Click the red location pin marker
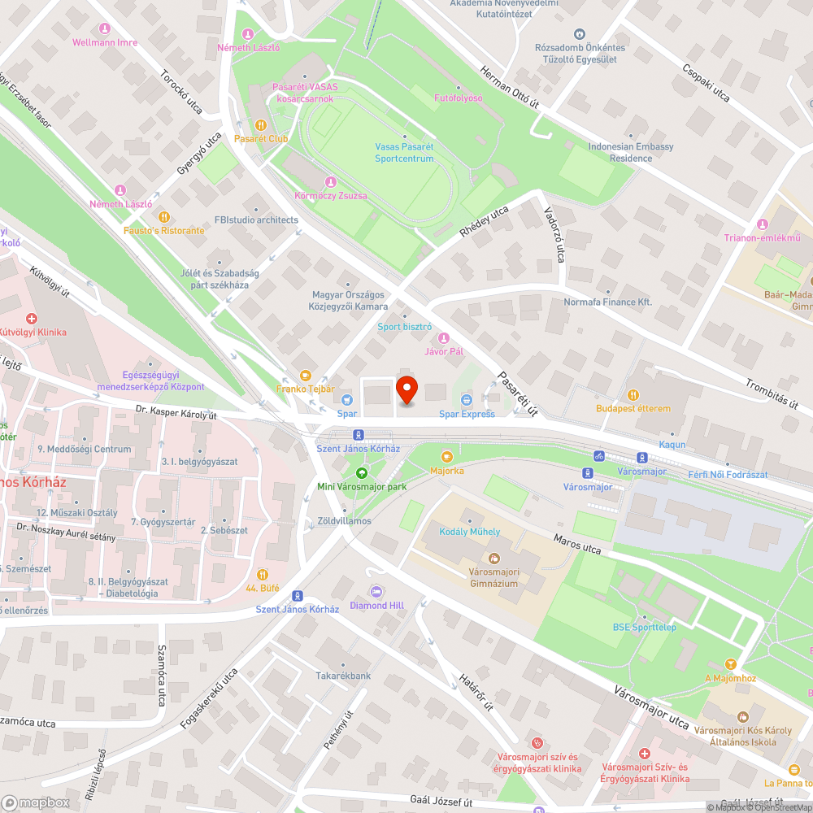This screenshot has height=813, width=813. [406, 390]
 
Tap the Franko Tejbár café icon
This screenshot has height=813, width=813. [306, 375]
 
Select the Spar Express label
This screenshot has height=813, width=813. [467, 414]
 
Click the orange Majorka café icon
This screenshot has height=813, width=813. [446, 456]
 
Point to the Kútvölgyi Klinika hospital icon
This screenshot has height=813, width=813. [31, 319]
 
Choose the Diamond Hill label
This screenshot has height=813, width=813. [376, 605]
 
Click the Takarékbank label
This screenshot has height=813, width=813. [343, 676]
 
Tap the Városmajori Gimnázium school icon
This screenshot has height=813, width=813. [493, 559]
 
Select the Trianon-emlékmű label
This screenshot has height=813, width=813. [763, 237]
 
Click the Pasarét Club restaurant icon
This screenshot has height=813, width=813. [261, 125]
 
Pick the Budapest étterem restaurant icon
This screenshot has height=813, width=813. [633, 394]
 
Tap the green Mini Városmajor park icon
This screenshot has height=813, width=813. [362, 472]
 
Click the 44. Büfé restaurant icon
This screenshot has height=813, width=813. [262, 574]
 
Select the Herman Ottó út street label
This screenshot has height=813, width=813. [510, 87]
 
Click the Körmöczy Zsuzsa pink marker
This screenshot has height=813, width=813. [330, 182]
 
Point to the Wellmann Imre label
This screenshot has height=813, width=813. [105, 41]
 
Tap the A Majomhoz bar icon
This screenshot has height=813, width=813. [731, 664]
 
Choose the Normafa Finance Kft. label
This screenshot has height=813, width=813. [608, 302]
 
